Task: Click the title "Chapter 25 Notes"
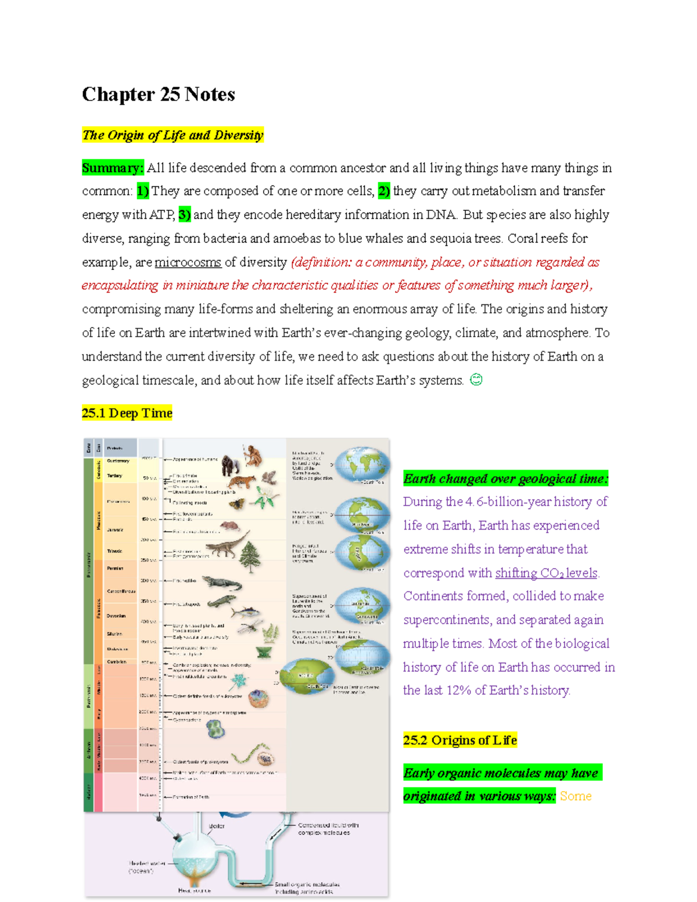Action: click(x=158, y=94)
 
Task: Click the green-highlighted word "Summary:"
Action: click(x=112, y=168)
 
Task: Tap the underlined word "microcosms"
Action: click(x=188, y=262)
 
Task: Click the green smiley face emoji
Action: click(x=476, y=380)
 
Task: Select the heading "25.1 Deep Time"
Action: click(x=127, y=413)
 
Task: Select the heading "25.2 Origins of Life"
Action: click(x=459, y=740)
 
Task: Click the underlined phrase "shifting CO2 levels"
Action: click(x=546, y=573)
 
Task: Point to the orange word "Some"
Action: click(x=575, y=796)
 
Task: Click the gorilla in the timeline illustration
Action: click(x=231, y=464)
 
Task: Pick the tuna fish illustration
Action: click(x=243, y=612)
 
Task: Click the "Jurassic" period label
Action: click(x=114, y=530)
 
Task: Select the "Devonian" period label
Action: click(x=116, y=616)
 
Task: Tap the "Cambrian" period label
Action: click(x=116, y=662)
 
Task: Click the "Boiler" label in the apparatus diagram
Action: click(x=216, y=826)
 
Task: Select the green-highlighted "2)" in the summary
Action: click(x=384, y=191)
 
